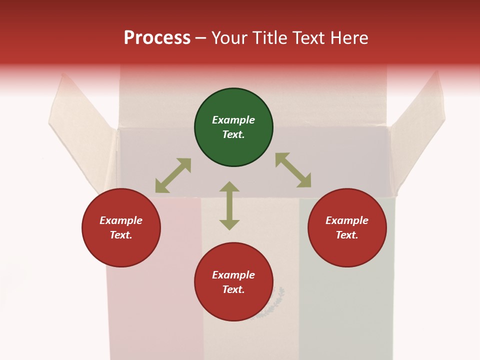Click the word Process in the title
point(157,38)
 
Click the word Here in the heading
point(349,38)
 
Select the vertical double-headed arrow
point(229,205)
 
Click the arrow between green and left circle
point(173,175)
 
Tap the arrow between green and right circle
point(293,170)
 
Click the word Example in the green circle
point(233,120)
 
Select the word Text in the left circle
point(121,235)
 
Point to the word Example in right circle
point(347,220)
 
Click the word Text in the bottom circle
point(233,289)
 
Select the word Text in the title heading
point(307,38)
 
